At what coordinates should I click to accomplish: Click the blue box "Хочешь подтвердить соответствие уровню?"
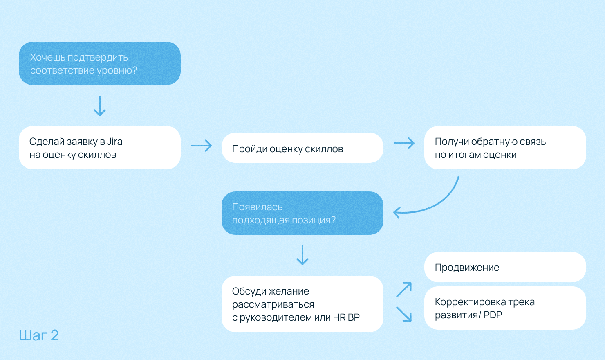coord(100,63)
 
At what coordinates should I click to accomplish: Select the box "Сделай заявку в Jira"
coord(100,148)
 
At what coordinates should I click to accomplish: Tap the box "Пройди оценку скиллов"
coord(302,148)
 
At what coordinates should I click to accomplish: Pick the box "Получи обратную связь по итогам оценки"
coord(505,148)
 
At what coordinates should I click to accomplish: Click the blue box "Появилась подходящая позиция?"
coord(302,213)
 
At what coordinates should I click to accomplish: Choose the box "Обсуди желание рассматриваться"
coord(302,304)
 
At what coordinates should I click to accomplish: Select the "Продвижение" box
coord(505,267)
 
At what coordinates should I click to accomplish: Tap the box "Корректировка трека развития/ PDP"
coord(505,308)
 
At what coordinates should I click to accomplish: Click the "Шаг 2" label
coord(39,335)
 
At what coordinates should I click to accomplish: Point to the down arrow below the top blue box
coord(100,106)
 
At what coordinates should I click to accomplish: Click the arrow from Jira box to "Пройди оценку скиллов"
coord(202,145)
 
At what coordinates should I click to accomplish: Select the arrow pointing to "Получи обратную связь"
coord(404,143)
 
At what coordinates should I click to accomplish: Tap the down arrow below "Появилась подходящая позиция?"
coord(302,255)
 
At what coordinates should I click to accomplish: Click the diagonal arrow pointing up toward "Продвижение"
coord(404,290)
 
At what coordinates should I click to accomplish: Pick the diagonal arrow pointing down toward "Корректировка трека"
coord(404,314)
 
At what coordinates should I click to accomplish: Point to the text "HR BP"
coord(346,317)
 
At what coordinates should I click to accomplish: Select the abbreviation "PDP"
coord(493,315)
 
